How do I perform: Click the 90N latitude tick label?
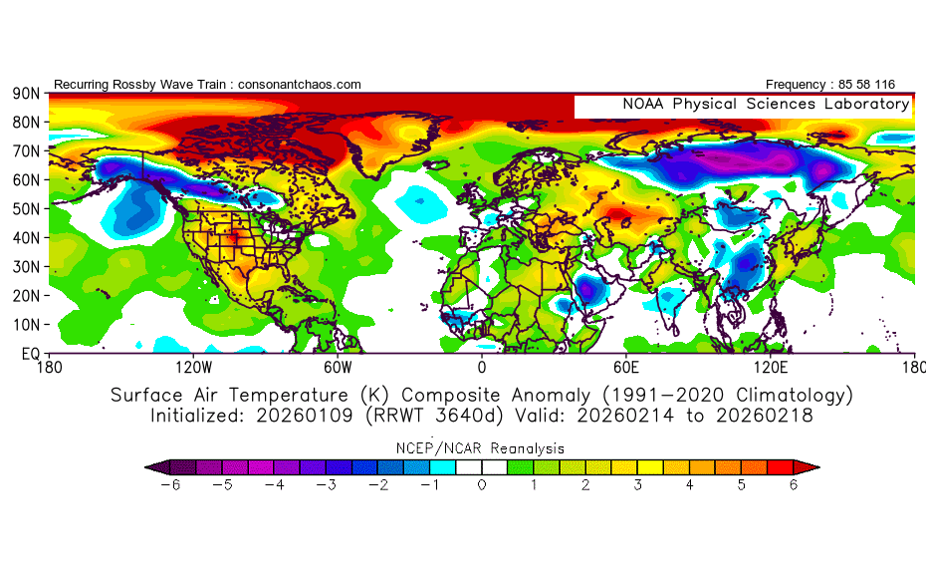click(25, 94)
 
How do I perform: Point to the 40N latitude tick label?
click(25, 238)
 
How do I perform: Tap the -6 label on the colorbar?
click(165, 485)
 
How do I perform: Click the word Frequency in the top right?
click(801, 85)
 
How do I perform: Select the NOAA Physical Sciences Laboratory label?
click(765, 104)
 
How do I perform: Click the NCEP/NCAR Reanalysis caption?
click(482, 448)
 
